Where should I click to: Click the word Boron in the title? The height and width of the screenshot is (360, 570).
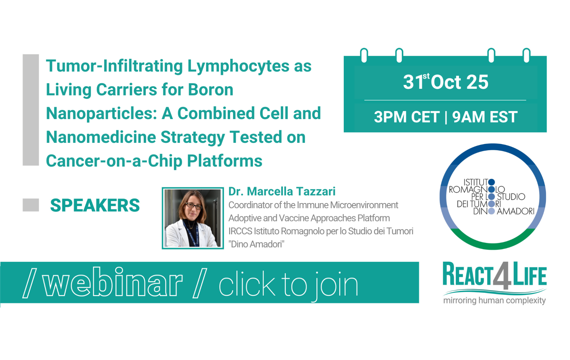point(211,90)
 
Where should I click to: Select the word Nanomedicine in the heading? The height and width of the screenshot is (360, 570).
point(101,137)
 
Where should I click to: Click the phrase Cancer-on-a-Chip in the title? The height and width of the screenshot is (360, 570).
point(114,161)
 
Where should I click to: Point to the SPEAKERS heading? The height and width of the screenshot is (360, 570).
point(95,205)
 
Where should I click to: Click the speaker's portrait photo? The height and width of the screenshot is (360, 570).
point(193,218)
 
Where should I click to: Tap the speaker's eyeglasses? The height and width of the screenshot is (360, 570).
point(194,206)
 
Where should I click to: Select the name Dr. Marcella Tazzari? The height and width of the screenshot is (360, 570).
point(282,191)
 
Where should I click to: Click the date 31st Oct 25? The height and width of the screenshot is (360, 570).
point(445,82)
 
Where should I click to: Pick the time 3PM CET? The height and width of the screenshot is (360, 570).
point(406,117)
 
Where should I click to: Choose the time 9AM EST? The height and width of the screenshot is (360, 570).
point(485,117)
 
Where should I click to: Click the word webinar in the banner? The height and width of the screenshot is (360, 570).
point(113,282)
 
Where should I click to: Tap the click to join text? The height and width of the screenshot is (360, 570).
point(288,285)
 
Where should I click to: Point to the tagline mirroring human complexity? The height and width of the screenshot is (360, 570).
point(494,300)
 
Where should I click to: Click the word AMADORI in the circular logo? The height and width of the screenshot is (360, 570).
point(516,211)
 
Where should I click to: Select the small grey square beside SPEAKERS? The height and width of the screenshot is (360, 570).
point(31,205)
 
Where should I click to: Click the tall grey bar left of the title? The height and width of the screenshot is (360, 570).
point(31,110)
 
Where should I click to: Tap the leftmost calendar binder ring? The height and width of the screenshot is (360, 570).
point(364,55)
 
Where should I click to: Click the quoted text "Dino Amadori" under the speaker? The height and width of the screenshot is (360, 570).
point(256,244)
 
